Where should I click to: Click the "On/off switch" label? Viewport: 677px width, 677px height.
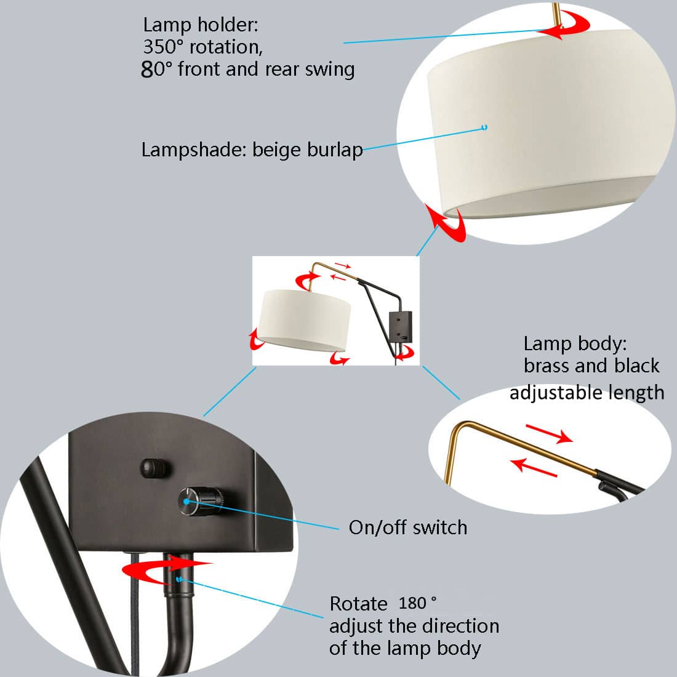click(x=408, y=527)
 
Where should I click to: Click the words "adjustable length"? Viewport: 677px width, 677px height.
click(x=587, y=392)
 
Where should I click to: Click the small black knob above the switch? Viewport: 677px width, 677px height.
click(x=153, y=468)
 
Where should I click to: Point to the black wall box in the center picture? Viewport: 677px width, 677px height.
click(x=401, y=326)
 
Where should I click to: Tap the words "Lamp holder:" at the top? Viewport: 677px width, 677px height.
click(x=201, y=25)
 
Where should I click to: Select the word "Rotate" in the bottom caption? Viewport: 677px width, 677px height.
click(x=358, y=604)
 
